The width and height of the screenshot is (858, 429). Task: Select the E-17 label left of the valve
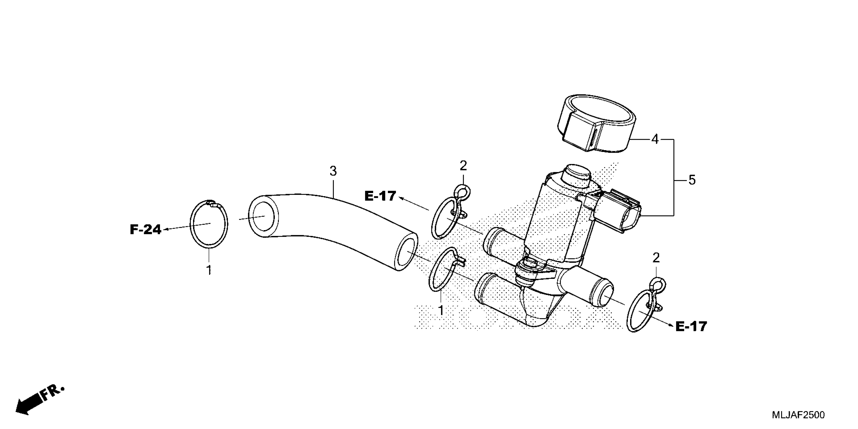380,196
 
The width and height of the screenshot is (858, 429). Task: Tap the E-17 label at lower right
691,327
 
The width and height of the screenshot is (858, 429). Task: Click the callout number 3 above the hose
333,171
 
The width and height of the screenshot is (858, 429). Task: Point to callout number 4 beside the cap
655,139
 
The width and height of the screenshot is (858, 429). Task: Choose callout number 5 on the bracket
692,180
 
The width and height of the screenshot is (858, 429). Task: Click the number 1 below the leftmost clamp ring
209,270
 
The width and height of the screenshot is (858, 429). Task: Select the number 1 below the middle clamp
441,310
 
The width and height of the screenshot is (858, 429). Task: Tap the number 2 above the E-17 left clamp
463,166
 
